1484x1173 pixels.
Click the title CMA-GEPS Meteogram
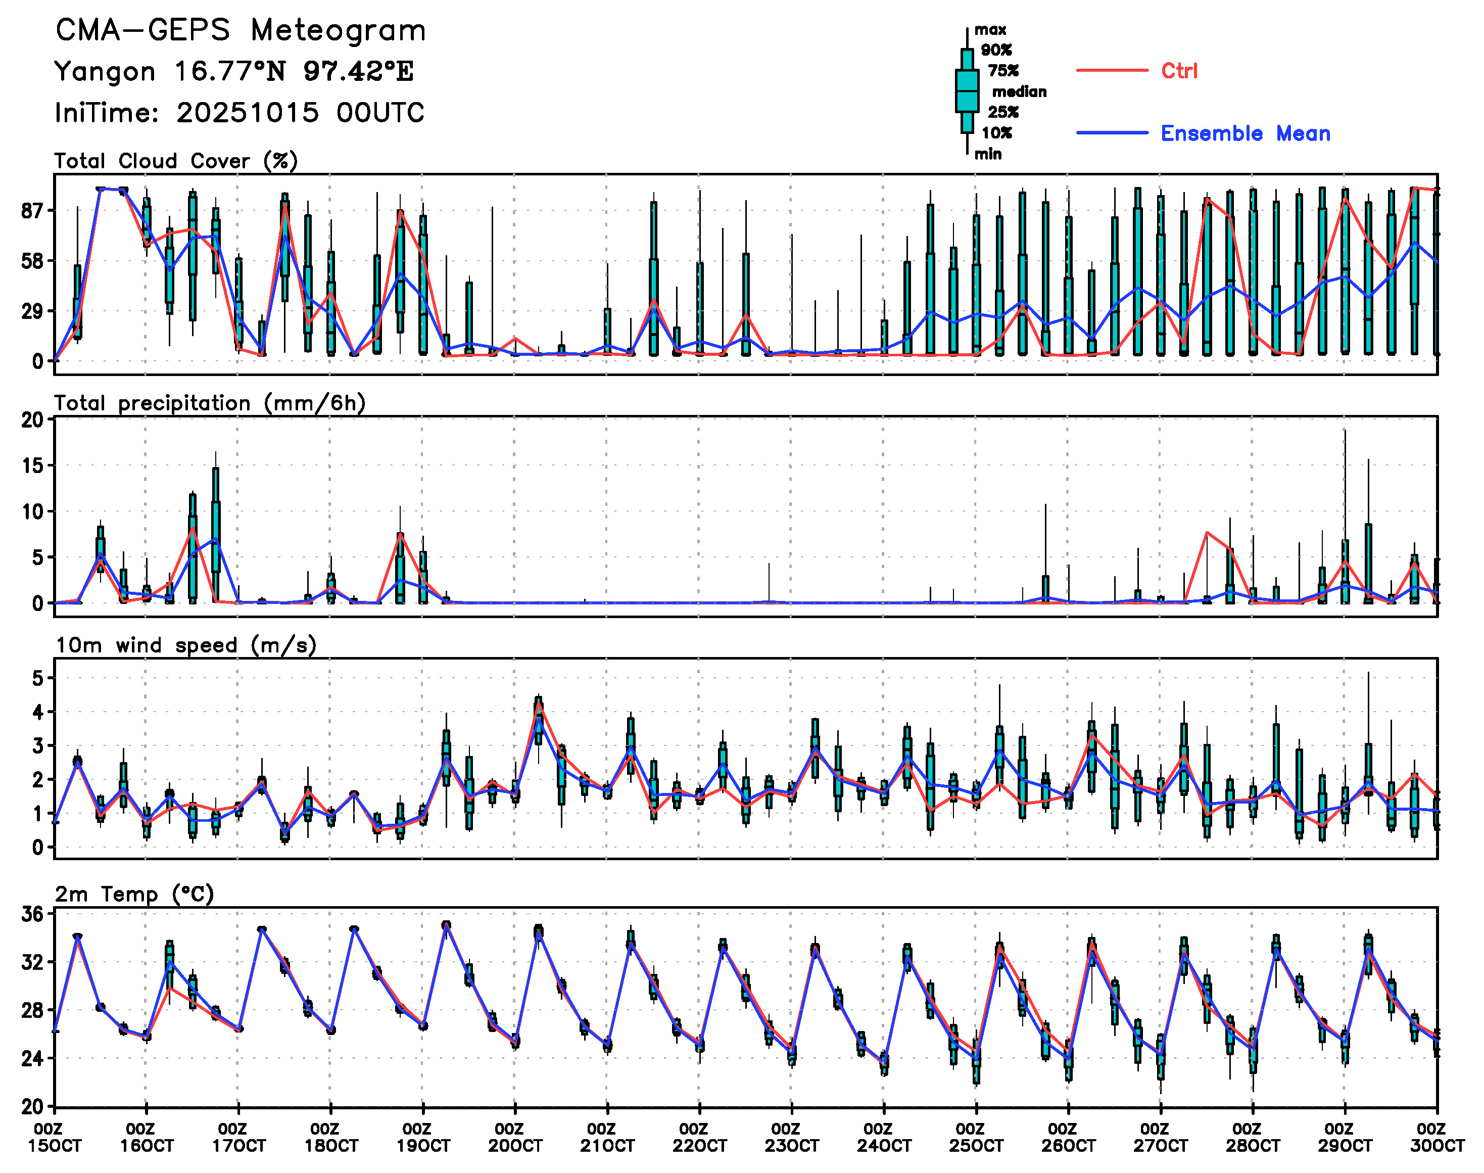241,31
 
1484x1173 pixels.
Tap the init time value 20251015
247,113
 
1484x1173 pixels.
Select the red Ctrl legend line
1112,71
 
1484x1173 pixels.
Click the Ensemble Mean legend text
1245,133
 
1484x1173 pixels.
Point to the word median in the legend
1019,92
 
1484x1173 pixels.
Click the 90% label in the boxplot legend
996,50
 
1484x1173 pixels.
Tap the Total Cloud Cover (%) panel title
176,161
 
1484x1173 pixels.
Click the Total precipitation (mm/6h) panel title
210,403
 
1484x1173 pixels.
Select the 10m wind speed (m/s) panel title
185,645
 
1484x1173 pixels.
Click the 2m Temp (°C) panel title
134,894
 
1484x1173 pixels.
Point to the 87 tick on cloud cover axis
32,211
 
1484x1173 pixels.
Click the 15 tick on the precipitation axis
32,465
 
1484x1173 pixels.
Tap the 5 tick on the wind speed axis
38,679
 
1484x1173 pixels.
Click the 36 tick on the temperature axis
32,914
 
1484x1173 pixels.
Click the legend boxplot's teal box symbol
967,90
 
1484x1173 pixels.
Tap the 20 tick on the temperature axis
32,1106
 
